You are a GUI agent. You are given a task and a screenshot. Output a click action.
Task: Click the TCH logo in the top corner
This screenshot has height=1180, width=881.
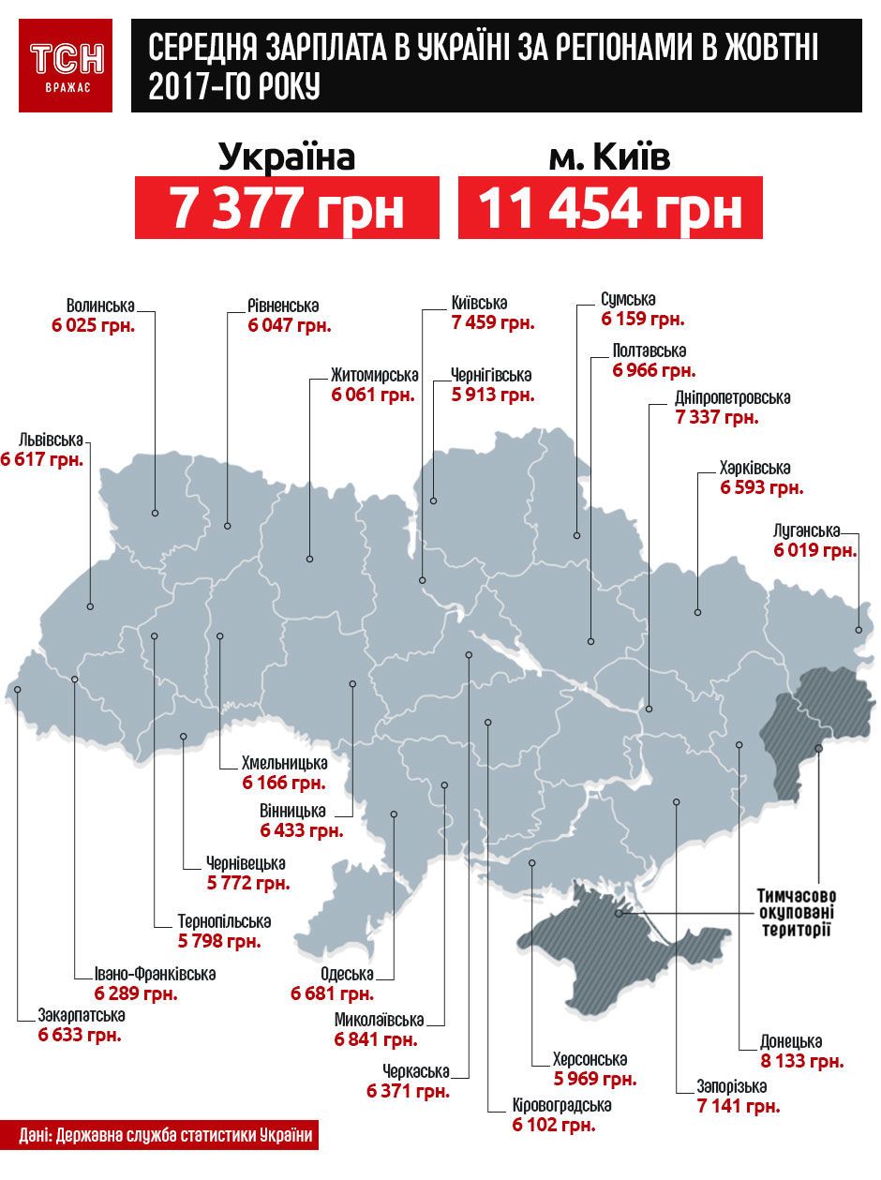pos(66,65)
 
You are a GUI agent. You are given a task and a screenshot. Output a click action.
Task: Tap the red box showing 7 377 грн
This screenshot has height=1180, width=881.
pos(287,208)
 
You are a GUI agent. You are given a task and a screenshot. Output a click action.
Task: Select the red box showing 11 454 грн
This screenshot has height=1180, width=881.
pos(610,208)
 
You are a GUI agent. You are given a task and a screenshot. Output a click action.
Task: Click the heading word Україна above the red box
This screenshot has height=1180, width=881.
pos(287,157)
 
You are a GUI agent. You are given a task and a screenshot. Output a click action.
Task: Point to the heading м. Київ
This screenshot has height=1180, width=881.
pos(609,157)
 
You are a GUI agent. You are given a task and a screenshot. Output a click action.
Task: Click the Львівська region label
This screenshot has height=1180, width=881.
pos(49,440)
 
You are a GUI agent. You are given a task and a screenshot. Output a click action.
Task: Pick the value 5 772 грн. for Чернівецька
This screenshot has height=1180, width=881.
pos(248,882)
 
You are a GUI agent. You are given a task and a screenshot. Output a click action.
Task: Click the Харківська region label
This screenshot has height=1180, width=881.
pos(755,468)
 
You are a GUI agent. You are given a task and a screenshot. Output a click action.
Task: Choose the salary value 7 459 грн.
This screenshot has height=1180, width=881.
pos(492,323)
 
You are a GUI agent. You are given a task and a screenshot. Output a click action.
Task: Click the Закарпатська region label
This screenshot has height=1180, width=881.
pos(82,1015)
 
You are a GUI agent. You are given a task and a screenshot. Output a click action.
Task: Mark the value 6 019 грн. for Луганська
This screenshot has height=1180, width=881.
pos(815,550)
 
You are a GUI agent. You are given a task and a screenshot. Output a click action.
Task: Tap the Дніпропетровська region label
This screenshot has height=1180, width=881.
pos(733,397)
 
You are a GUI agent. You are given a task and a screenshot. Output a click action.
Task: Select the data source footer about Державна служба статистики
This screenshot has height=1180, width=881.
pos(165,1136)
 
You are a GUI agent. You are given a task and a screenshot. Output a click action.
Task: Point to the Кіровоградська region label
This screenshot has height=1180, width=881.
pos(561,1105)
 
